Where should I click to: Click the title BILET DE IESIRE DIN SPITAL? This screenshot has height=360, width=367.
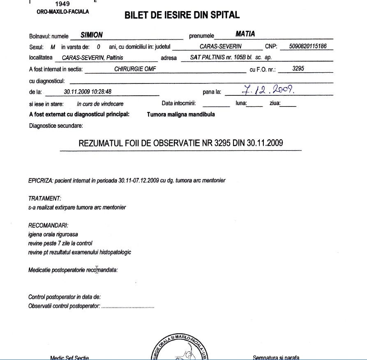point(182,16)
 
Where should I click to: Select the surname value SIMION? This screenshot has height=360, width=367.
point(92,35)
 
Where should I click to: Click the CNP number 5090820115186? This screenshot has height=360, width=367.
point(308,46)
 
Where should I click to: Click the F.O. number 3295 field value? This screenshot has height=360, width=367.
point(298,69)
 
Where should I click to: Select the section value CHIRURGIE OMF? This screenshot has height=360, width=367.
point(135,69)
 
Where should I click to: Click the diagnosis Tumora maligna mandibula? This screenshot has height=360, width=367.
point(180,115)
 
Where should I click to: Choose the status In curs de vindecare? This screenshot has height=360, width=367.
point(100,104)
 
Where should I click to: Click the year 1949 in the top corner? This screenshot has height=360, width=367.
point(62,5)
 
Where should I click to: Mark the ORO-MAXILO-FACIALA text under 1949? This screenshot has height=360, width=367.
point(63,12)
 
